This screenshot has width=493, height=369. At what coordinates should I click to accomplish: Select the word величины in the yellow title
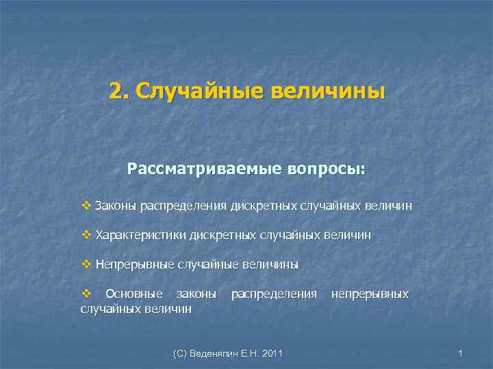[328, 92]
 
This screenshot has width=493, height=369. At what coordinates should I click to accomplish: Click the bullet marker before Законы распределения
[86, 205]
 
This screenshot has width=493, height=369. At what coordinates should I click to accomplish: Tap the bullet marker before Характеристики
[86, 234]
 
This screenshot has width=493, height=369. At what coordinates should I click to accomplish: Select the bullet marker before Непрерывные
[86, 264]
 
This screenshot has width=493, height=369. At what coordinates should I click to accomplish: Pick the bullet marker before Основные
[86, 294]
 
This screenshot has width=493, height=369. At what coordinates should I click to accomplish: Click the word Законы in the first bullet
[114, 205]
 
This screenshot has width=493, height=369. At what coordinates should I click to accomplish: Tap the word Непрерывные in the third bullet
[135, 264]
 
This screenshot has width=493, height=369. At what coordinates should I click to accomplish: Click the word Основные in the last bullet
[134, 294]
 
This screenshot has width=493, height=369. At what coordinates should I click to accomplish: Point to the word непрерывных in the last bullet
[370, 294]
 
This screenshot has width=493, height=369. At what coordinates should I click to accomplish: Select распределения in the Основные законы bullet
[274, 294]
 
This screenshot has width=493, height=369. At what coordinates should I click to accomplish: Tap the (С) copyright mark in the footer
[182, 353]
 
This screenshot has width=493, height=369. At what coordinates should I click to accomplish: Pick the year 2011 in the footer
[270, 353]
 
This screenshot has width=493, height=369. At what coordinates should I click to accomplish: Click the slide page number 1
[461, 353]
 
